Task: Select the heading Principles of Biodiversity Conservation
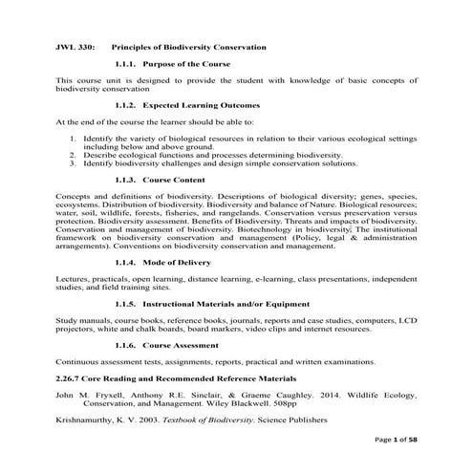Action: (188, 45)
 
